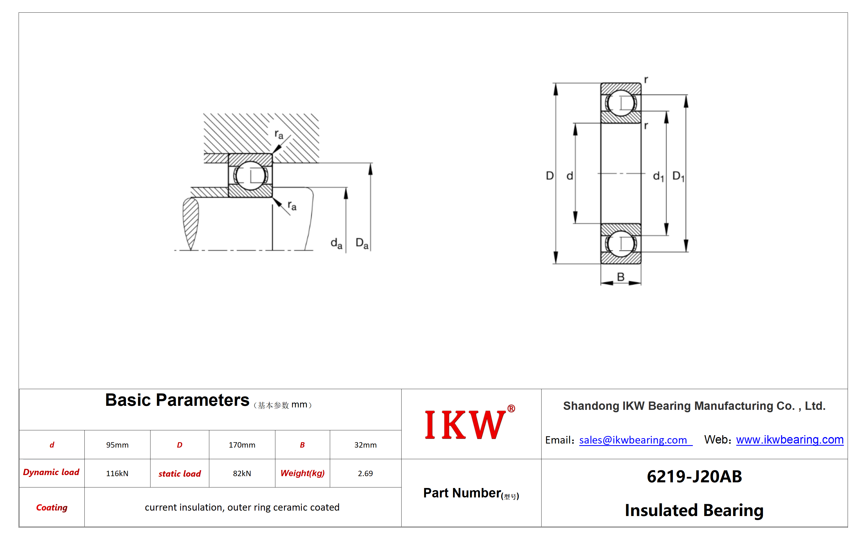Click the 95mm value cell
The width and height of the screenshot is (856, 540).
(x=117, y=445)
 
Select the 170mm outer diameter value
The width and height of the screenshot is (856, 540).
(x=242, y=445)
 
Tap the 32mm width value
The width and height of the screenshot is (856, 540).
(x=365, y=445)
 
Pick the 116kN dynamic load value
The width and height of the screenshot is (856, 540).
(x=117, y=473)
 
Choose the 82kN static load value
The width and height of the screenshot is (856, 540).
(x=242, y=473)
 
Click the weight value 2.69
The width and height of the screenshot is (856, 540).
(x=365, y=473)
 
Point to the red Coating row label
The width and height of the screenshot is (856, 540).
(x=52, y=507)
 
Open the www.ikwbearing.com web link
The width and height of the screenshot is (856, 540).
(x=790, y=439)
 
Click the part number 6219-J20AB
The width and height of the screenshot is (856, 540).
(x=694, y=476)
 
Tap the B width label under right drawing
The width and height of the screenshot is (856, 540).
(x=621, y=277)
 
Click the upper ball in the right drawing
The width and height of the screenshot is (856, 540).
(x=621, y=103)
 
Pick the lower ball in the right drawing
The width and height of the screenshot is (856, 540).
(x=621, y=244)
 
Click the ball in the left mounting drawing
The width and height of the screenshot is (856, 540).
(x=250, y=175)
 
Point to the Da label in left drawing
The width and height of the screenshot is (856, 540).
(x=362, y=243)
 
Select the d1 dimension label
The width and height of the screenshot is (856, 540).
(x=658, y=176)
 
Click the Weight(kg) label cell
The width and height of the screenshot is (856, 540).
(x=303, y=473)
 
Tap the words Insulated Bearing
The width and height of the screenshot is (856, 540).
(x=694, y=510)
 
